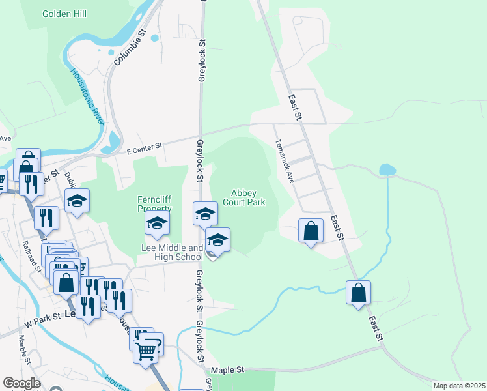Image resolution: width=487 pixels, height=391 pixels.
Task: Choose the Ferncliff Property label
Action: pos(154,203)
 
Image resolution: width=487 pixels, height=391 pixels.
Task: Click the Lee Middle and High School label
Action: pos(173,253)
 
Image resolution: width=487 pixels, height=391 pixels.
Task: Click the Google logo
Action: pos(21,383)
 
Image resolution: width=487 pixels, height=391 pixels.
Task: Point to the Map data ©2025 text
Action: pos(458,386)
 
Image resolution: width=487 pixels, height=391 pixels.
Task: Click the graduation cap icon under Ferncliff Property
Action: pos(157,224)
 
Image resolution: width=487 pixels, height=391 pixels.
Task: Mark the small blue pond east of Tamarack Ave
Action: pos(387,169)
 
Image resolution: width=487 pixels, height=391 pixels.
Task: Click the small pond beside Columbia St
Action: pos(154,38)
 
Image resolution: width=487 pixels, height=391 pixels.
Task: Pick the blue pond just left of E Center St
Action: pos(114,139)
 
